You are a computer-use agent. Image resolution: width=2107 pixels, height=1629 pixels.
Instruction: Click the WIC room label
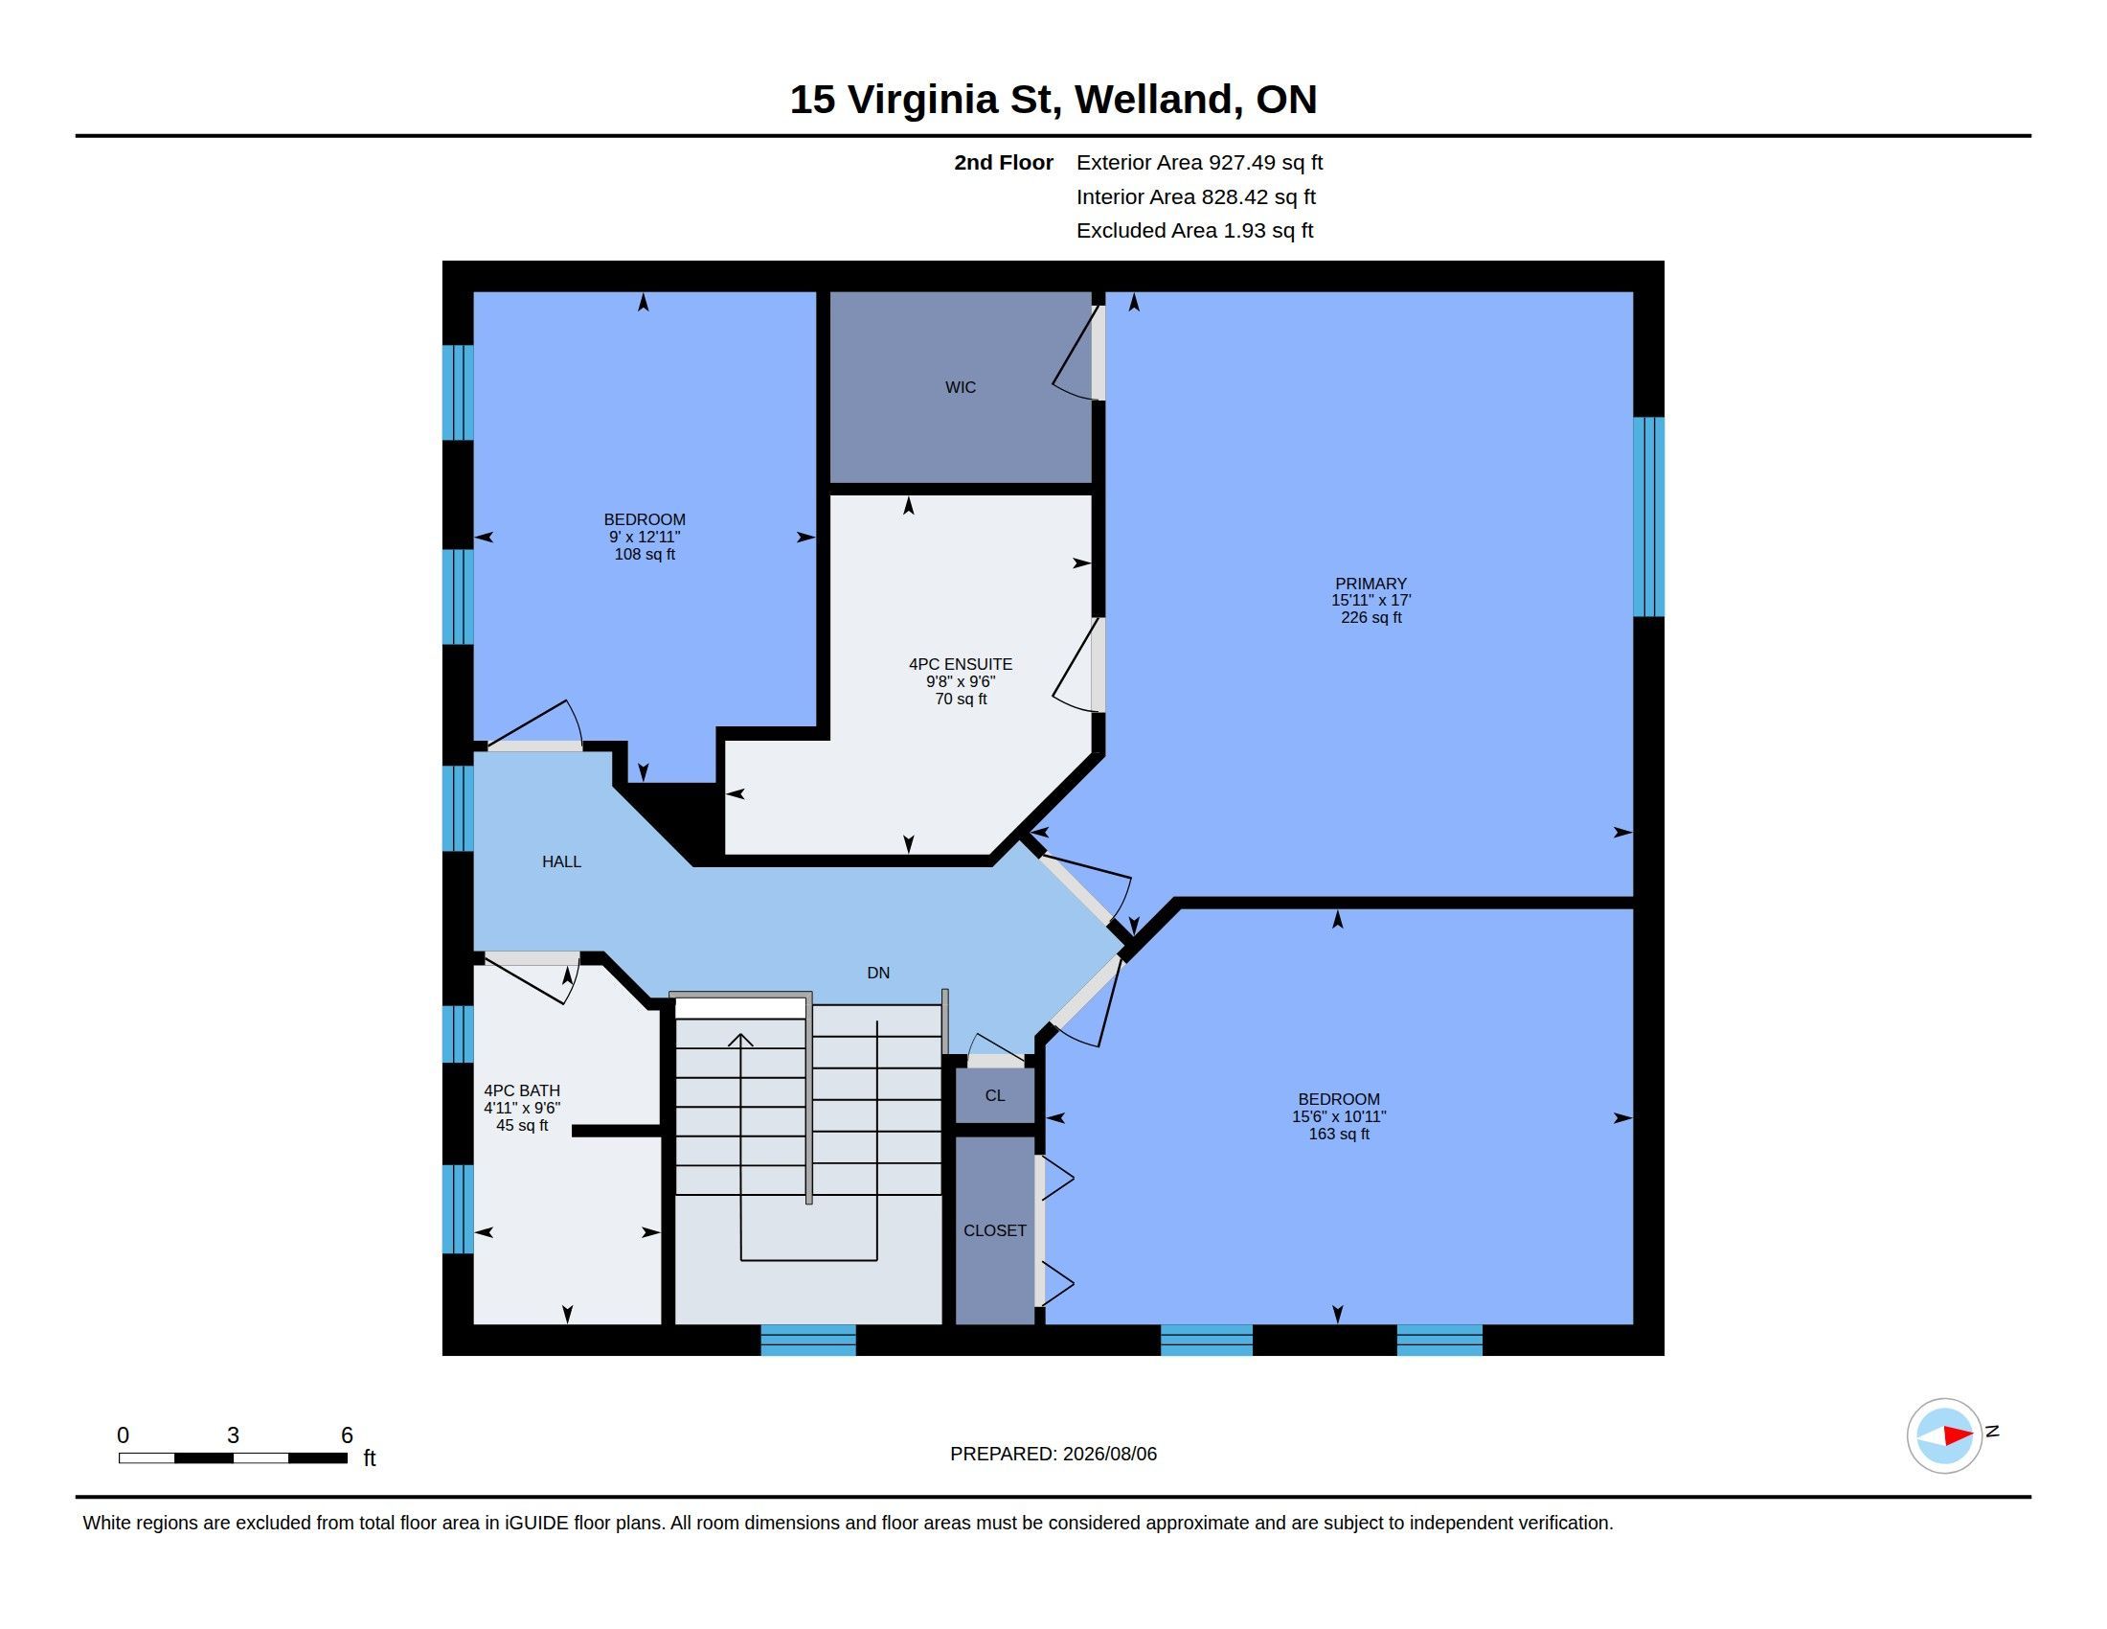pyautogui.click(x=960, y=387)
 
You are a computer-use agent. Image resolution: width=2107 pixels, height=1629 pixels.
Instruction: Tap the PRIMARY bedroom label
pyautogui.click(x=1370, y=583)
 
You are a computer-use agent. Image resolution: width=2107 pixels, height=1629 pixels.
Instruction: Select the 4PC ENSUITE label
pyautogui.click(x=960, y=664)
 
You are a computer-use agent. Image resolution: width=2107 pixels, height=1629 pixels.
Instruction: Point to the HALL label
pyautogui.click(x=561, y=861)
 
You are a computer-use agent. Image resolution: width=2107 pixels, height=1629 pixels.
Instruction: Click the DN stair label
pyautogui.click(x=878, y=973)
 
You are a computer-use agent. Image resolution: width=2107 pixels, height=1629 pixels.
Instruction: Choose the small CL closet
pyautogui.click(x=995, y=1095)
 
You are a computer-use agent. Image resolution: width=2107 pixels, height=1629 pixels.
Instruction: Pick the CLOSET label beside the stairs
pyautogui.click(x=995, y=1230)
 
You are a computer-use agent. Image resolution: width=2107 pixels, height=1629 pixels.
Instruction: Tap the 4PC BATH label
pyautogui.click(x=522, y=1090)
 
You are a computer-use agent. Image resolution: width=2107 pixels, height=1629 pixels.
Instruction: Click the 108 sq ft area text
pyautogui.click(x=645, y=554)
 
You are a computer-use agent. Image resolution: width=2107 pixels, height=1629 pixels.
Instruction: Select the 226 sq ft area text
pyautogui.click(x=1370, y=618)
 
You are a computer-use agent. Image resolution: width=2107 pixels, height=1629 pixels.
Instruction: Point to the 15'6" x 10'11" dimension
pyautogui.click(x=1338, y=1116)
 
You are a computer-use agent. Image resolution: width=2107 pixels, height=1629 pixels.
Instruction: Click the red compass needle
pyautogui.click(x=1958, y=1436)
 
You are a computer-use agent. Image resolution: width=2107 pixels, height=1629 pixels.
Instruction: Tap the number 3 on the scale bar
pyautogui.click(x=233, y=1435)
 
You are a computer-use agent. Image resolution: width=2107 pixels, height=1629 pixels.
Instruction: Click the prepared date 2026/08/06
pyautogui.click(x=1109, y=1454)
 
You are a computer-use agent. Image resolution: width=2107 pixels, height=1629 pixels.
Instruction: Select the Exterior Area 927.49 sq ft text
pyautogui.click(x=1199, y=162)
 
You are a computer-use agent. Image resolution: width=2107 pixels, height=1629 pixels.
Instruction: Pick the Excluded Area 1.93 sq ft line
pyautogui.click(x=1194, y=231)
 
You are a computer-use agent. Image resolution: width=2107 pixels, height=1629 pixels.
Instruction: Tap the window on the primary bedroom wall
pyautogui.click(x=1649, y=516)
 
